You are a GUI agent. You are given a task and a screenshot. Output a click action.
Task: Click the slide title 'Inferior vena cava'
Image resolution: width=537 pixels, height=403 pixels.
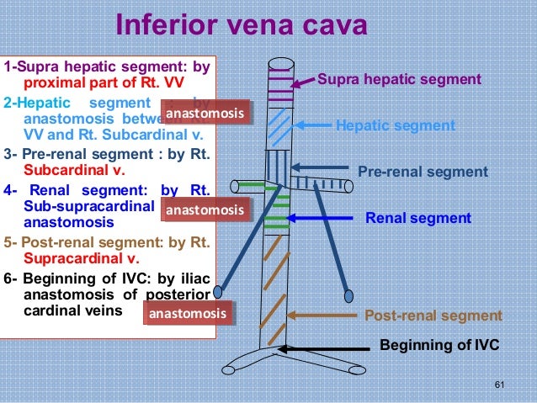click(241, 24)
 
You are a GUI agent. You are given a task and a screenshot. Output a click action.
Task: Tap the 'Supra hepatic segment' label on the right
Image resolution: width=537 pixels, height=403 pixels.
click(399, 80)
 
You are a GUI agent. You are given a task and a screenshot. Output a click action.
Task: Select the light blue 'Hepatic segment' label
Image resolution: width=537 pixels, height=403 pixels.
click(395, 126)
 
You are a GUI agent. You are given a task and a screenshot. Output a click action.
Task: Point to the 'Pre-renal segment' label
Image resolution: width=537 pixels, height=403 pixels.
click(423, 172)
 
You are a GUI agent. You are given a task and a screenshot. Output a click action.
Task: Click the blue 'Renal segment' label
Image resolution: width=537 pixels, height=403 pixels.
click(417, 218)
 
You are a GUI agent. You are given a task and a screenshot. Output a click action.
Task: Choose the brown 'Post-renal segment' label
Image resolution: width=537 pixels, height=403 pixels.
click(433, 316)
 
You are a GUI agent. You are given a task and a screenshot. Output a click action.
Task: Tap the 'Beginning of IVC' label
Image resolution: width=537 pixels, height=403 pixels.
click(439, 345)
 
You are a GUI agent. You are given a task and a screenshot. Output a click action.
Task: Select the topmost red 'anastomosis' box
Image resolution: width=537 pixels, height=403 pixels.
click(206, 114)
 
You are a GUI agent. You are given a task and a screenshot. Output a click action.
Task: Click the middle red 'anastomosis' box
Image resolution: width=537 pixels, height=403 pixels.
click(206, 209)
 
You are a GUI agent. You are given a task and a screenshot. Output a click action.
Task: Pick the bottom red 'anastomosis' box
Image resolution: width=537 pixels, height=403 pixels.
click(187, 314)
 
